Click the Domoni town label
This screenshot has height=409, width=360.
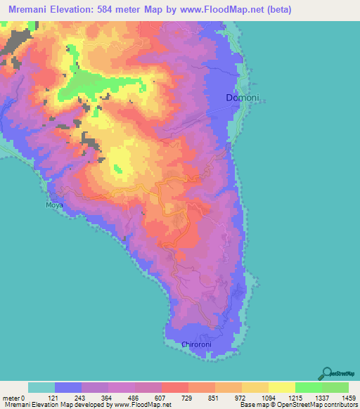238,98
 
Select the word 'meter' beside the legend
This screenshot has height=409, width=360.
11,398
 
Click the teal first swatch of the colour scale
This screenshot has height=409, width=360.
41,387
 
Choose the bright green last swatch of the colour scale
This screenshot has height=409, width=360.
335,387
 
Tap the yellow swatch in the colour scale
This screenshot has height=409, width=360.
282,387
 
